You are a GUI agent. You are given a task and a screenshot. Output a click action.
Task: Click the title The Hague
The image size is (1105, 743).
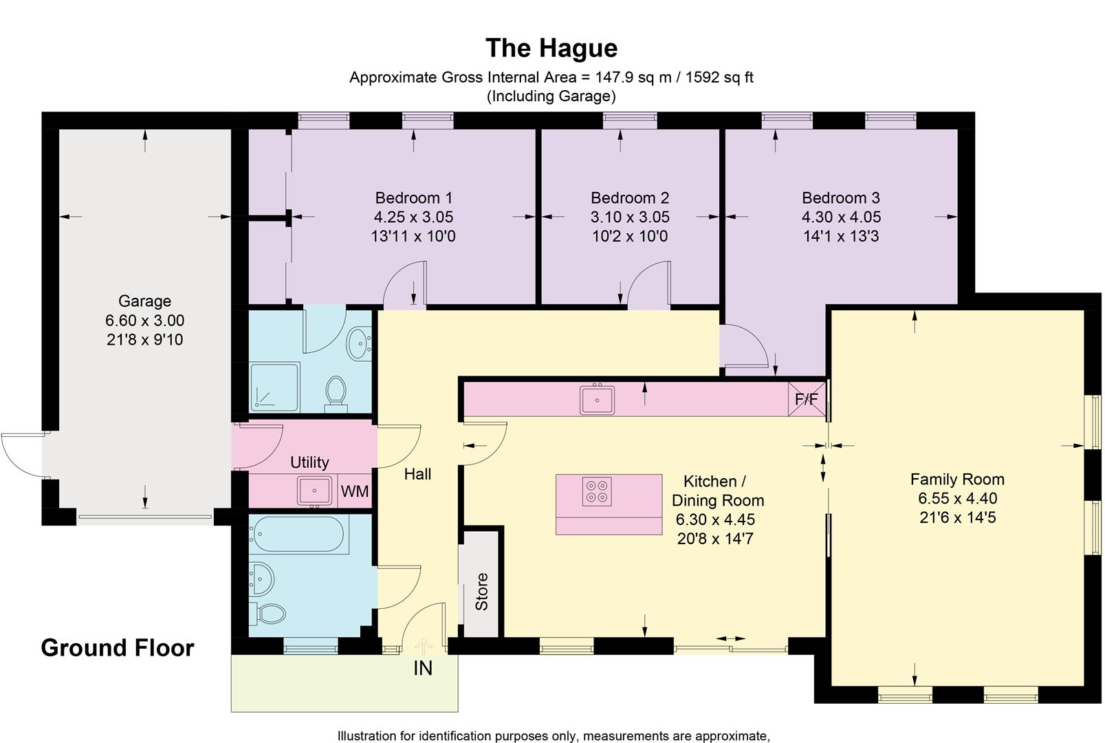551,48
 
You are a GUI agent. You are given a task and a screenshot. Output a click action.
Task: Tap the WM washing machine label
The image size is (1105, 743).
355,492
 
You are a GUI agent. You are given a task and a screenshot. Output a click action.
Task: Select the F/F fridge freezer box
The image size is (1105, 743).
807,400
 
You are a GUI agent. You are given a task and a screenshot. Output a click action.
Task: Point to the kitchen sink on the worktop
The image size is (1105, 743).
598,400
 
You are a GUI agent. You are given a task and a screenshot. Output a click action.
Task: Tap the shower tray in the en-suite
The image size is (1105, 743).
274,387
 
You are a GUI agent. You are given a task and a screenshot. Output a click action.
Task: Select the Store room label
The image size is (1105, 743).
481,592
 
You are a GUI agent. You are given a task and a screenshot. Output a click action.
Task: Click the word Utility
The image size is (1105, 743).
309,462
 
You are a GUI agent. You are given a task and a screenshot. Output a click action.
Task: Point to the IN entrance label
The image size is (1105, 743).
423,668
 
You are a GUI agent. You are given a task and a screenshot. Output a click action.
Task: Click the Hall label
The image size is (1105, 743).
417,474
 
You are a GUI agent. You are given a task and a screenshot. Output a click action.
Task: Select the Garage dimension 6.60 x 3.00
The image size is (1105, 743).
144,321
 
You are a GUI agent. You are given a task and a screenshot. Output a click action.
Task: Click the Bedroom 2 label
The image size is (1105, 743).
629,198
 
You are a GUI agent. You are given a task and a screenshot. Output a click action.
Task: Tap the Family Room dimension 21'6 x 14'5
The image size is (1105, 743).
957,517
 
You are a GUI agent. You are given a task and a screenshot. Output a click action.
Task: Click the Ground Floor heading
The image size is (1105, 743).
118,648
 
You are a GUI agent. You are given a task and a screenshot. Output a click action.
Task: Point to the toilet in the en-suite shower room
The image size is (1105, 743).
336,391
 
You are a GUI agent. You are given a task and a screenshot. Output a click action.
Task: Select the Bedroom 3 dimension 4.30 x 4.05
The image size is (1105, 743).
840,217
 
